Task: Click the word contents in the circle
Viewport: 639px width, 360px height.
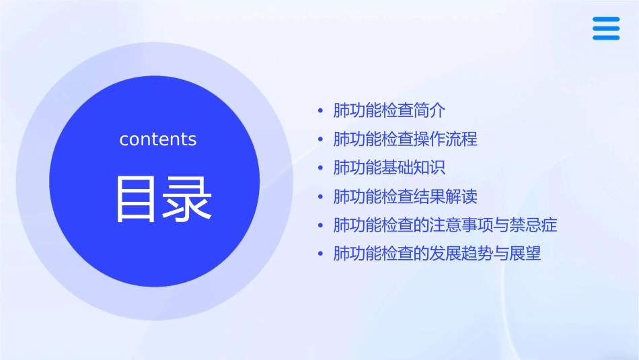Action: point(158,139)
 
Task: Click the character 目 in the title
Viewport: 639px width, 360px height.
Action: point(137,199)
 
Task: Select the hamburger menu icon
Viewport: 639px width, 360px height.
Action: point(605,29)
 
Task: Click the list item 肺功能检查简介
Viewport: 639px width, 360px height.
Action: point(389,110)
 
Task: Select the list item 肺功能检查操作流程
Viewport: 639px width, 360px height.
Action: point(405,139)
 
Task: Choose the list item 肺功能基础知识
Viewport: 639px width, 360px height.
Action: point(389,168)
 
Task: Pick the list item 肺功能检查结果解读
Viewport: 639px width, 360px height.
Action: point(405,196)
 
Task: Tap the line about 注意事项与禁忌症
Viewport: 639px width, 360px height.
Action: point(445,225)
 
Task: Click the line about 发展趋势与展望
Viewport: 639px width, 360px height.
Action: point(437,254)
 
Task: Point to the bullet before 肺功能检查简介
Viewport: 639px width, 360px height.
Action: point(321,110)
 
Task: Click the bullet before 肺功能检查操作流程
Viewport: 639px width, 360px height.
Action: point(321,139)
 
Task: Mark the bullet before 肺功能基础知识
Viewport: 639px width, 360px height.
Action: point(321,168)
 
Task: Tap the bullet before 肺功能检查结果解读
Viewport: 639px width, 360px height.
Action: point(321,196)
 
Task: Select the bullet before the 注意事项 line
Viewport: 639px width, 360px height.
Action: point(321,225)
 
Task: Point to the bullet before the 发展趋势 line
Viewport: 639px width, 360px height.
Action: point(321,254)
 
